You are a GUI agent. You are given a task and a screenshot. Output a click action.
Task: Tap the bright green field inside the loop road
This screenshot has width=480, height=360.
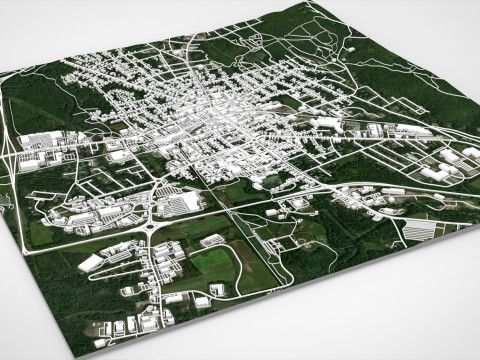[213, 262]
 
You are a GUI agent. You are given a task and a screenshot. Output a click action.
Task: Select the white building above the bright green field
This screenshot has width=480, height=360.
[212, 240]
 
